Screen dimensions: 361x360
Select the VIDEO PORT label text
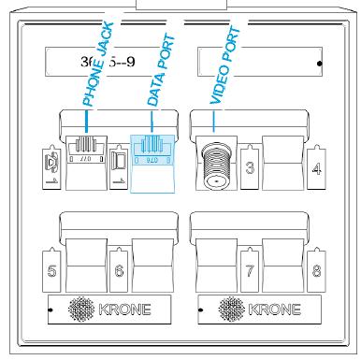[225, 65]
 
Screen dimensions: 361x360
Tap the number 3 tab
[250, 168]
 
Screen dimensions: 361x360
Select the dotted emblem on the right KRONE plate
[234, 310]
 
